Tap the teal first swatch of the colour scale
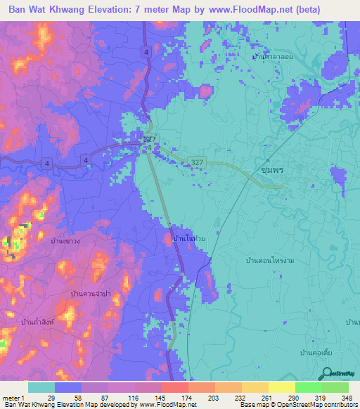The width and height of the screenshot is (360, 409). pyautogui.click(x=41, y=388)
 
